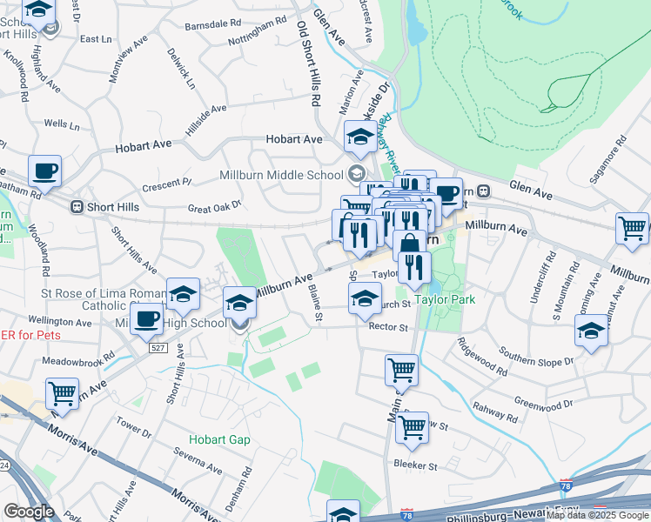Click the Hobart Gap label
pos(220,439)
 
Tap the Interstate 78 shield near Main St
pos(407,515)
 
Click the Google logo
pos(29,512)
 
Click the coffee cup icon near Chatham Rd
pos(44,171)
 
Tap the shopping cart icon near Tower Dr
pos(62,393)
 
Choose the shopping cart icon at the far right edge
pos(632,228)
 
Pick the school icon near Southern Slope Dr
pos(592,331)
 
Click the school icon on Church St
pos(365,298)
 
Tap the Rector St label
pos(388,328)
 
